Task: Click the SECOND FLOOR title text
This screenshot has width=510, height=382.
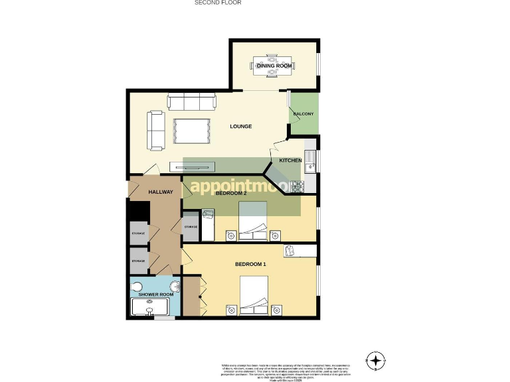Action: tap(217, 3)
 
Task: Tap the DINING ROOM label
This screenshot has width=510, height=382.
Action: tap(275, 66)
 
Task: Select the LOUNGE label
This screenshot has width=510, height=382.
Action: tap(240, 126)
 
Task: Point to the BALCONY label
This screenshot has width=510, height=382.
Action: tap(303, 114)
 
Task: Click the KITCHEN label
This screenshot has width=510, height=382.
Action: tap(290, 160)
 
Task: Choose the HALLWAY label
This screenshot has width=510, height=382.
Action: tap(160, 192)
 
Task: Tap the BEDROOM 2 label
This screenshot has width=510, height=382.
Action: tap(231, 193)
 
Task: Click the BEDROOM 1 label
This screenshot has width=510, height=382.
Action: tap(250, 265)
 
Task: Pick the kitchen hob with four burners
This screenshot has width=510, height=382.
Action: tap(296, 186)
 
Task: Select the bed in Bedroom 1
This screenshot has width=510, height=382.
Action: tap(253, 297)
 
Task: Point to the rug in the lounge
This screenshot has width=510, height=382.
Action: tap(192, 129)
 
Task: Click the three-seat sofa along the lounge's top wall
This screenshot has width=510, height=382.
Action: tap(192, 102)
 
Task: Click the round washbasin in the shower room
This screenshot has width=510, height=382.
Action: tap(175, 286)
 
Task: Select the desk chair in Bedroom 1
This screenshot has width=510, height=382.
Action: tap(290, 249)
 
